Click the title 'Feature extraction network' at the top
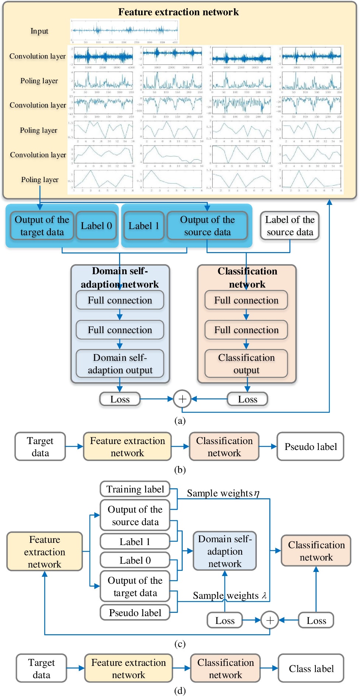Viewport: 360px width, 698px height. coord(178,12)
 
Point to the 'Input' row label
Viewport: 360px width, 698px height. coord(39,31)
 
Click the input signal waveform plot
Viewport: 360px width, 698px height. coord(125,31)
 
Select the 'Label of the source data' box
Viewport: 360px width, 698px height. coord(290,226)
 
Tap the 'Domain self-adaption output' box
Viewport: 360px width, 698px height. coord(120,364)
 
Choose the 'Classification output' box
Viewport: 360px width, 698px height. coord(246,364)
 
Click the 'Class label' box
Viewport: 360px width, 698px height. coord(311,669)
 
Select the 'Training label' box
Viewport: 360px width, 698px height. coord(135,489)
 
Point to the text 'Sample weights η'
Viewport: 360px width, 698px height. coord(223,493)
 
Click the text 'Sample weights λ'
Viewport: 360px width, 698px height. coord(229,596)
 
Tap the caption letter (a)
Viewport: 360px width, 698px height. coord(180,420)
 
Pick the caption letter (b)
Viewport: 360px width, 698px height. coord(180,470)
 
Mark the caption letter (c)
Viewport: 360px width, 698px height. coord(180,644)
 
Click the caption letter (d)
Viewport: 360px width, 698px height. coord(180,691)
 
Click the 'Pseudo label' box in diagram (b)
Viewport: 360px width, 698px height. coord(310,447)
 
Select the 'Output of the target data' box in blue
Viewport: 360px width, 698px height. coord(42,226)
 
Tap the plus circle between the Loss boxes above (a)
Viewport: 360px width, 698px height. coord(182,399)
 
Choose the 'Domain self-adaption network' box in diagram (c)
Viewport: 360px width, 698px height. coord(225,551)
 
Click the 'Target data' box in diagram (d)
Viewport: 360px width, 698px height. coord(41,669)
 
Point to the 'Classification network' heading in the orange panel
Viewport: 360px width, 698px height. coord(247,278)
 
